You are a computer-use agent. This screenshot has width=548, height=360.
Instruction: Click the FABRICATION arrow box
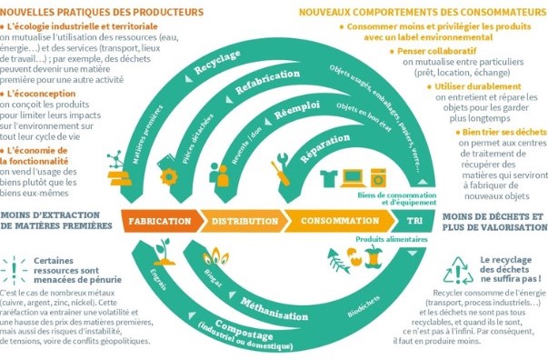(x=160, y=221)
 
